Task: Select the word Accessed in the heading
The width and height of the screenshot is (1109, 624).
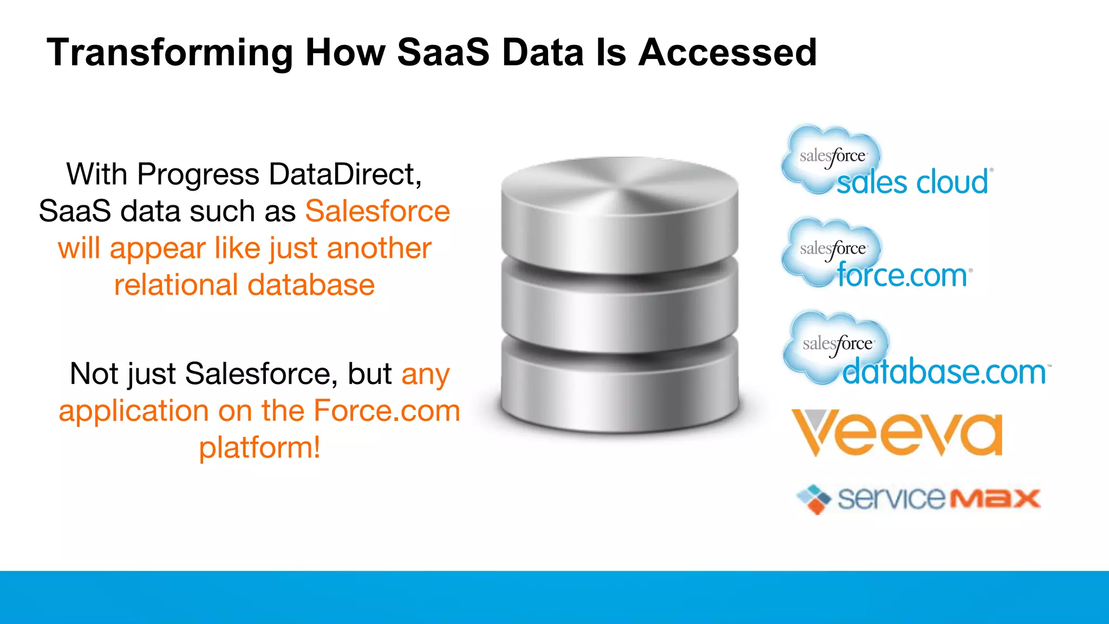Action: [x=727, y=53]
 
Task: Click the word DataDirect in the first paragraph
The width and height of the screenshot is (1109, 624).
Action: [x=345, y=174]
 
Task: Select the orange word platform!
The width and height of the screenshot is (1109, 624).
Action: [x=259, y=448]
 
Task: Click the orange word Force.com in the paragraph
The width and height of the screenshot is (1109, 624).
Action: [x=387, y=411]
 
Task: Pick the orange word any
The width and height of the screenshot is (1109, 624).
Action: [x=425, y=375]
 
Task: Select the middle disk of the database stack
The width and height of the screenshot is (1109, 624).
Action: [x=619, y=303]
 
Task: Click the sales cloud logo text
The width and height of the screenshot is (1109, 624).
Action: [x=912, y=182]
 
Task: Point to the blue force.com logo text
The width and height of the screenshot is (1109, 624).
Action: [x=902, y=275]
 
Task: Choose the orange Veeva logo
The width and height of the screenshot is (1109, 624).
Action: [x=897, y=433]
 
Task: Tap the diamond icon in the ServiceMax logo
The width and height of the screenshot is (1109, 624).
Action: [x=814, y=499]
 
